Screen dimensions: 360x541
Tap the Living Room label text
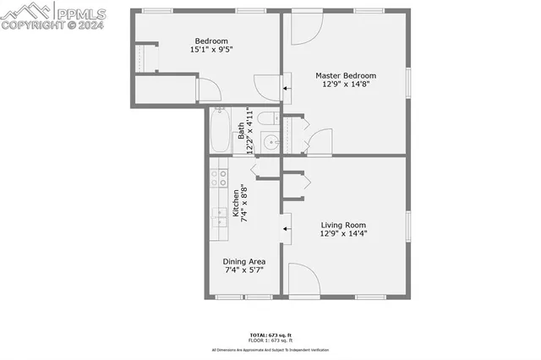[343, 225]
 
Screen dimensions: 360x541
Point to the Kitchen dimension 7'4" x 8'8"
[243, 203]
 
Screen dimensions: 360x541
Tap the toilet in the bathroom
[267, 119]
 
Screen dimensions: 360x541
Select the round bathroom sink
[271, 143]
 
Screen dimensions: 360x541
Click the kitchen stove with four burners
[218, 177]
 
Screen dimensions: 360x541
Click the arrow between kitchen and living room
[285, 228]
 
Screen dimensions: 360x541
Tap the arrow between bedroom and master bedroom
[285, 87]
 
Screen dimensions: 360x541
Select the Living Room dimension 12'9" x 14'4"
[343, 234]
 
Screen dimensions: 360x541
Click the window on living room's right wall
[408, 226]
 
